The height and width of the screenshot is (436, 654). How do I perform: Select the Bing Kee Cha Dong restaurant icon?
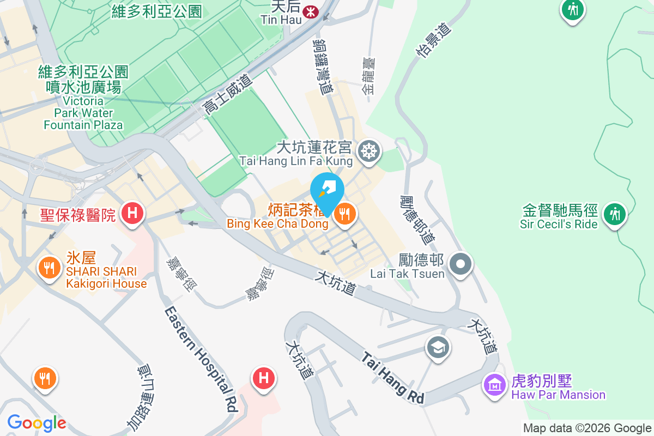pyautogui.click(x=344, y=213)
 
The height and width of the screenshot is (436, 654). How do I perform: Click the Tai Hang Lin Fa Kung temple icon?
pyautogui.click(x=369, y=150)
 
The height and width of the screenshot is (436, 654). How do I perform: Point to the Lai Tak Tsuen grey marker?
pyautogui.click(x=461, y=264)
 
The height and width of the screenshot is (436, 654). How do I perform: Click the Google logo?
pyautogui.click(x=37, y=422)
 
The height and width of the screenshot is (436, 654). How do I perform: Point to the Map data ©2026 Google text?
pyautogui.click(x=588, y=428)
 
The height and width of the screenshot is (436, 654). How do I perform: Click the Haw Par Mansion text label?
pyautogui.click(x=558, y=395)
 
